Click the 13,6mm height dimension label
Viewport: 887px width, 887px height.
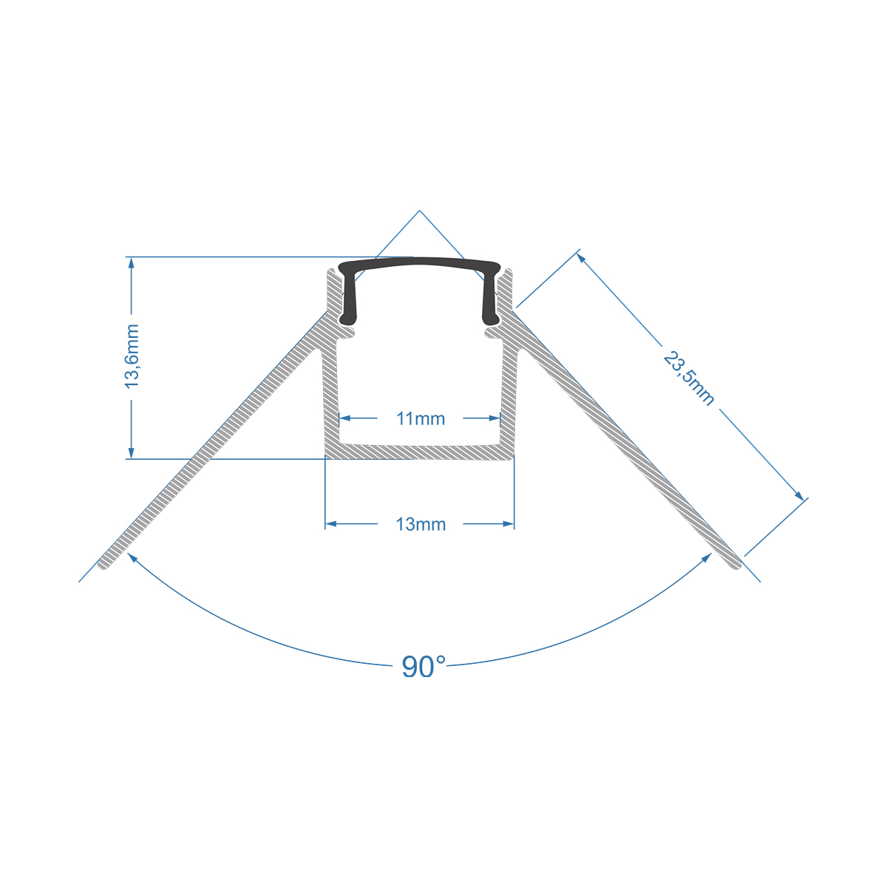(x=132, y=356)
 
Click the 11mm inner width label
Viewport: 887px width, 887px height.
(x=421, y=419)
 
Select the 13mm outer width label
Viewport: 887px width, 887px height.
(x=421, y=525)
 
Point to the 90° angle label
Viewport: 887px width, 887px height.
(x=424, y=667)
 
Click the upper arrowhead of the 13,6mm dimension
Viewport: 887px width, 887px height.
(x=132, y=263)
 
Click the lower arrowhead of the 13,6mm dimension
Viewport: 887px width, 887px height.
(x=132, y=452)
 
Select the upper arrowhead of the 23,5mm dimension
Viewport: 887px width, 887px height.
(x=582, y=258)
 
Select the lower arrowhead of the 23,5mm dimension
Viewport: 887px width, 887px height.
(x=798, y=495)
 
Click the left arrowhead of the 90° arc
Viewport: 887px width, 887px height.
(x=133, y=557)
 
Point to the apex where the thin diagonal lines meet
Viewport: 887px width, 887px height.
(x=419, y=211)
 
